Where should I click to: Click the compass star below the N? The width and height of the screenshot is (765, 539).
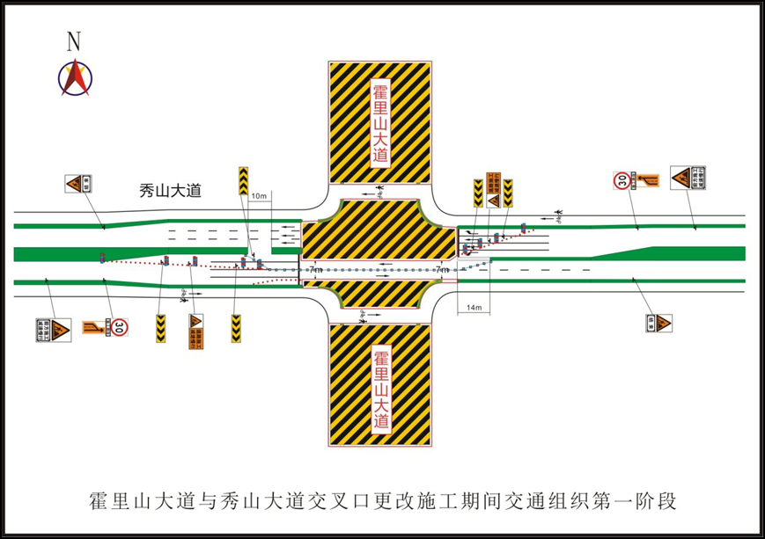point(75,76)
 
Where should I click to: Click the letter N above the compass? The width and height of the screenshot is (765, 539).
point(74,40)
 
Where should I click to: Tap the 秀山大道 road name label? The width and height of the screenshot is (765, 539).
point(171,189)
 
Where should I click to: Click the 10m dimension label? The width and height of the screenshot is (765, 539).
point(258,195)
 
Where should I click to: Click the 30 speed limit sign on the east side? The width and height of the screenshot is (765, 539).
point(622,181)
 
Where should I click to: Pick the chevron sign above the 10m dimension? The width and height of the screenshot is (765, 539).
point(243,180)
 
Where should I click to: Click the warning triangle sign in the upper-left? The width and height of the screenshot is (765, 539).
point(77,184)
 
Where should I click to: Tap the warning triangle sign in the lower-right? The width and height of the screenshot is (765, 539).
point(658,324)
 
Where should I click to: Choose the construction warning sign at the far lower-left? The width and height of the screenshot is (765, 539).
point(53,330)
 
